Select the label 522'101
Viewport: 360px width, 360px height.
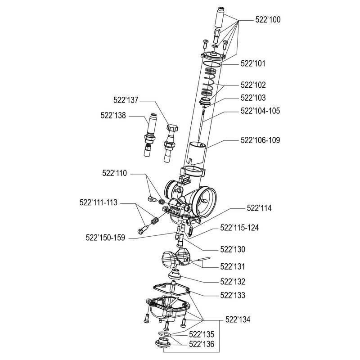tap(253, 64)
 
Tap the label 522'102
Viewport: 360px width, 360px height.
tap(253, 84)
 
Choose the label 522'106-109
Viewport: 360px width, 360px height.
tap(260, 140)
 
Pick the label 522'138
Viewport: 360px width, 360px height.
tap(113, 115)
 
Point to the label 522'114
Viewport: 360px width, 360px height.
tap(259, 208)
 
